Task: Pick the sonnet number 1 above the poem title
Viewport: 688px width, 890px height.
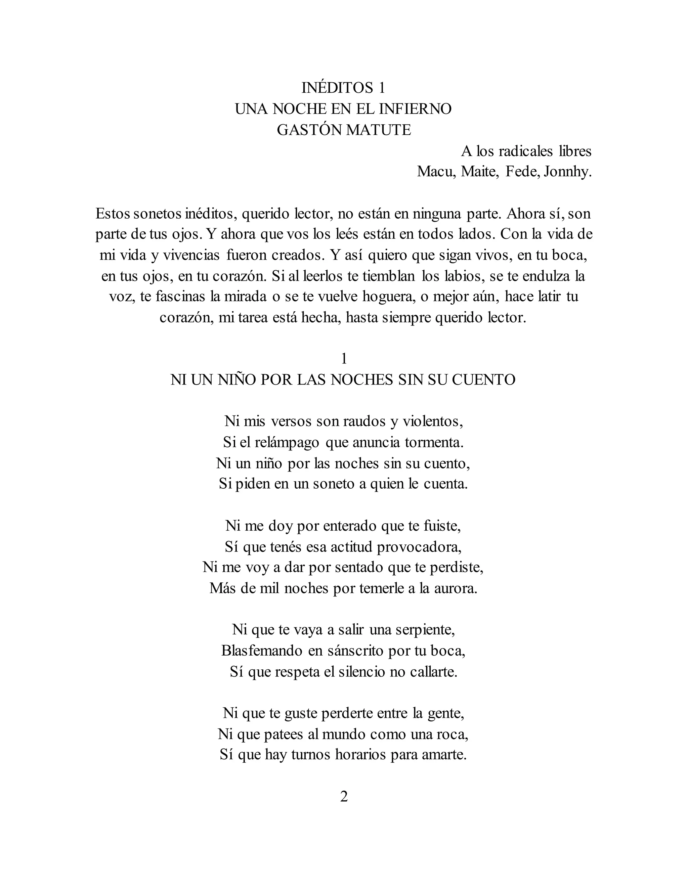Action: coord(344,359)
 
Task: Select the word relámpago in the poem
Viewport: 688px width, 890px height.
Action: coord(287,442)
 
